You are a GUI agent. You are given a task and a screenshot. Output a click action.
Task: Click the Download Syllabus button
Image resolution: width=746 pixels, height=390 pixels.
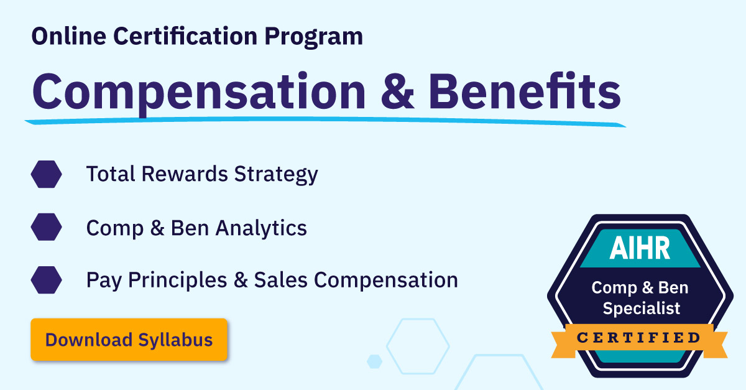[x=129, y=340]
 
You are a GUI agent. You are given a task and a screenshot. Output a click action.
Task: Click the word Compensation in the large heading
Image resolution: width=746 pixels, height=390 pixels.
[x=199, y=91]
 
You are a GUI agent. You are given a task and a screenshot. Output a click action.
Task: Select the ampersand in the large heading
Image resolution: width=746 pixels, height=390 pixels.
[x=398, y=91]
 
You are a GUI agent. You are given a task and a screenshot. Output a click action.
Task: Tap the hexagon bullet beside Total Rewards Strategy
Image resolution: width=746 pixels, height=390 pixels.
[x=46, y=174]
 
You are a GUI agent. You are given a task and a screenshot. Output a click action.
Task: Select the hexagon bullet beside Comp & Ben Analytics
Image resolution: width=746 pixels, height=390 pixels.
[x=46, y=227]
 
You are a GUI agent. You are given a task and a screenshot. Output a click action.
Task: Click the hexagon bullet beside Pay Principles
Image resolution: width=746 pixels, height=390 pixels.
[x=46, y=280]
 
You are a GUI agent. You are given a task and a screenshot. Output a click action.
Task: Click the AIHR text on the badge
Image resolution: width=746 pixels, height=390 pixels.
[x=640, y=248]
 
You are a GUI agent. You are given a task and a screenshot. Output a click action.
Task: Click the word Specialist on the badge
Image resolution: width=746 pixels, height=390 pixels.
[x=641, y=308]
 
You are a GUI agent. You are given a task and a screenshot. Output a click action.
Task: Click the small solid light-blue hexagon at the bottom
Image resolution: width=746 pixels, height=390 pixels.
[x=374, y=361]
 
